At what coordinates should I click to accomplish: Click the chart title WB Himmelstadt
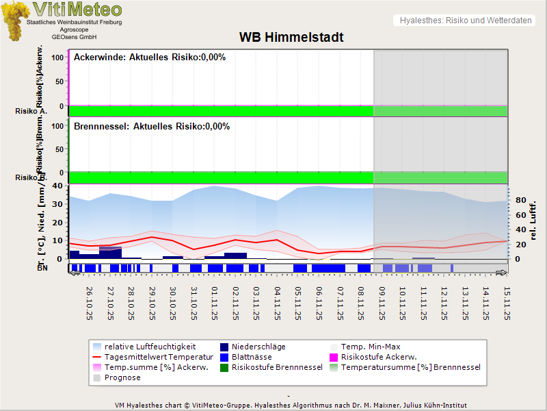[x=291, y=37]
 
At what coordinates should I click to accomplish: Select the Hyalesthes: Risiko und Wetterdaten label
[x=465, y=21]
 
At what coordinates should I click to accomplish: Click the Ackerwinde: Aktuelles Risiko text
[x=150, y=58]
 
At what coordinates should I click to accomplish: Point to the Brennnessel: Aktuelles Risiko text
[x=152, y=127]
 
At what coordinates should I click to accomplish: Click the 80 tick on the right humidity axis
[x=519, y=201]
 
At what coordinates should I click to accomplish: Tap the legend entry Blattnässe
[x=252, y=357]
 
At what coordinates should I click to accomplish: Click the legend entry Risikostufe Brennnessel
[x=277, y=367]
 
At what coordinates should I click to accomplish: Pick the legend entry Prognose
[x=122, y=377]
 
